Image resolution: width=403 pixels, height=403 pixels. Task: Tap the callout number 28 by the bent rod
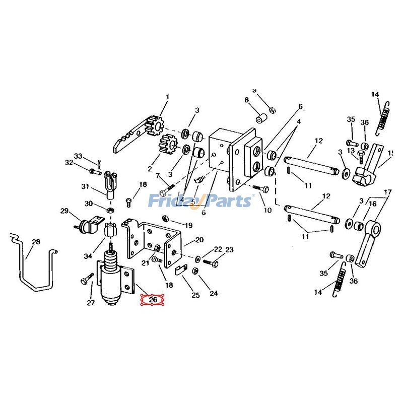[36, 242]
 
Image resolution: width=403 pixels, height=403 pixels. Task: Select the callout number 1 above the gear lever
[168, 97]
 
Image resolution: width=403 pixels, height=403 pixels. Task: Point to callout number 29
[64, 211]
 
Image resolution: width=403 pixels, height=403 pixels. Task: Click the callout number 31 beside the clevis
[85, 186]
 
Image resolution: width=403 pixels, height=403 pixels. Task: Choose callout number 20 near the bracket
[199, 240]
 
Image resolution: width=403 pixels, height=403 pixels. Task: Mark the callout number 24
[214, 293]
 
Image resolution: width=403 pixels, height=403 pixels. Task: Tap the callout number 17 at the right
[387, 192]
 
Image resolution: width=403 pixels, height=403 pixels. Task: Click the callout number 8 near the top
[247, 100]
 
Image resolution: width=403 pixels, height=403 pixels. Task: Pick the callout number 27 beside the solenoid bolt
[91, 303]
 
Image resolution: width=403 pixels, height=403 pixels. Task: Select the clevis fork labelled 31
[111, 181]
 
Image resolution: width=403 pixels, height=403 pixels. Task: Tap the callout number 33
[78, 156]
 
